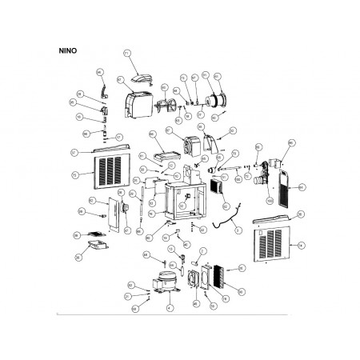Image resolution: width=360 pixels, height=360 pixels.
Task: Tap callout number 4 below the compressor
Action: pyautogui.click(x=170, y=306)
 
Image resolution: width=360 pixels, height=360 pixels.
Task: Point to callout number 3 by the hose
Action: pyautogui.click(x=238, y=230)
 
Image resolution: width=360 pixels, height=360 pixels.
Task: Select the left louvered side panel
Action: pyautogui.click(x=112, y=170)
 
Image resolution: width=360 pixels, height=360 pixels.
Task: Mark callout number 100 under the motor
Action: pyautogui.click(x=270, y=199)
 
